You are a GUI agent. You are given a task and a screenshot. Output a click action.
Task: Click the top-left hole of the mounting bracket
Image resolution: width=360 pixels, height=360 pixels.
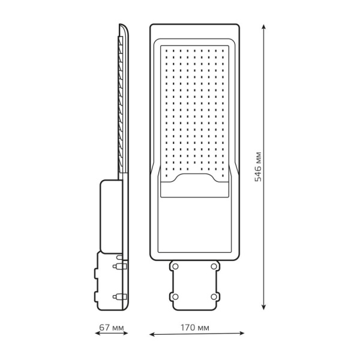click(x=177, y=266)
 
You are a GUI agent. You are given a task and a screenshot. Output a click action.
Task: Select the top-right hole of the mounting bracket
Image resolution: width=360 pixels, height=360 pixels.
click(x=214, y=266)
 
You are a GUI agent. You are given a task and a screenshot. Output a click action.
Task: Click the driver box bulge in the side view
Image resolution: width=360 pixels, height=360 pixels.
click(x=109, y=215)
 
